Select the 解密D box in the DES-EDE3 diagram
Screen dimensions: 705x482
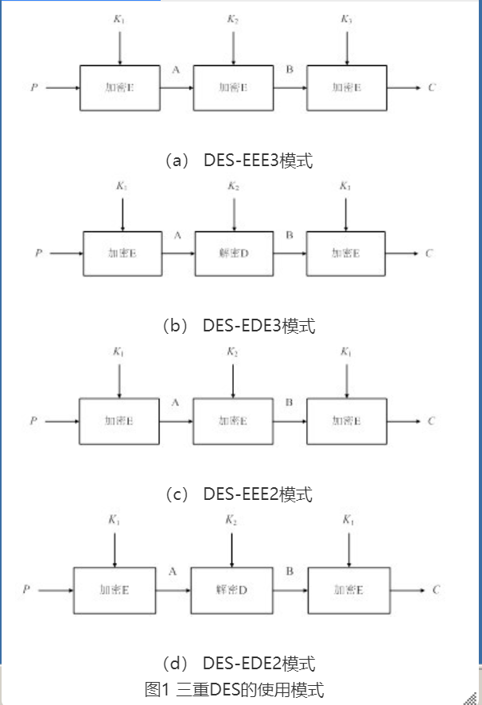[x=234, y=254]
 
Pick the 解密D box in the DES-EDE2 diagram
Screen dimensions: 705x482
[x=231, y=590]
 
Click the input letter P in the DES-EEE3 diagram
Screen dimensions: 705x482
[x=33, y=87]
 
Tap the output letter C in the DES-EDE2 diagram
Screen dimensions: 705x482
[x=436, y=590]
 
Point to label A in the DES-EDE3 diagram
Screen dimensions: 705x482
[x=177, y=235]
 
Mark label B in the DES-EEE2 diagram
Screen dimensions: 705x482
[x=290, y=402]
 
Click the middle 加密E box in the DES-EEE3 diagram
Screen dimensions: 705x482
[x=233, y=87]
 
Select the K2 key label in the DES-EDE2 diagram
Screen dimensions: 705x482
[x=231, y=520]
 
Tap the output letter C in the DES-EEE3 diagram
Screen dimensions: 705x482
[x=432, y=87]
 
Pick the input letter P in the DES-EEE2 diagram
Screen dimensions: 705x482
[x=33, y=420]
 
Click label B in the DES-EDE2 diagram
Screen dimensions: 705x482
[x=290, y=571]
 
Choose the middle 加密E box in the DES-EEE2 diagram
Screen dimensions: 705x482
[x=233, y=420]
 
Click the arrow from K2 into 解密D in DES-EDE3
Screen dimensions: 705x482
[x=234, y=213]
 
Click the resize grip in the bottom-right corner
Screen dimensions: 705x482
[x=475, y=698]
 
